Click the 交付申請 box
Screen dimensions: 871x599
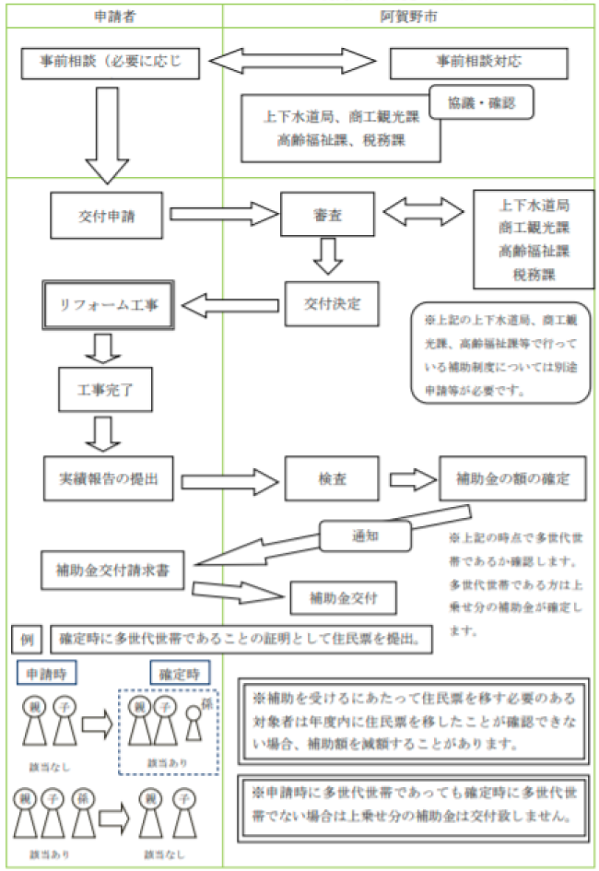pos(109,215)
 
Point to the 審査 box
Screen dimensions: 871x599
pos(327,215)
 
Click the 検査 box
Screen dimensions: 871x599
pos(329,479)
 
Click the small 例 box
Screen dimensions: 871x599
pos(25,637)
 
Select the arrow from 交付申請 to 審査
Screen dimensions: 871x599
pos(224,215)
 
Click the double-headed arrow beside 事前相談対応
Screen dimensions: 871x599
pos(293,64)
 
